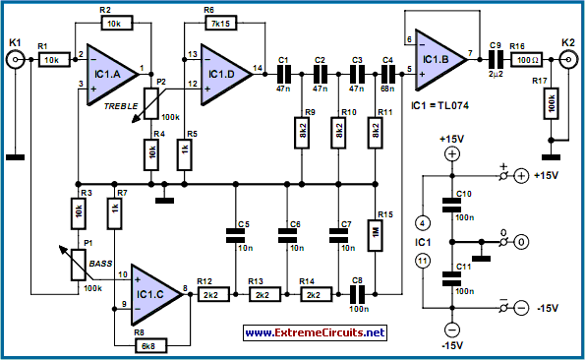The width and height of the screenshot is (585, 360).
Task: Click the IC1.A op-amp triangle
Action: pyautogui.click(x=110, y=75)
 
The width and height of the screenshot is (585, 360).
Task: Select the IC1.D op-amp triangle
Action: pyautogui.click(x=224, y=75)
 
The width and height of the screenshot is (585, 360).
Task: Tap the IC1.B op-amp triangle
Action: pyautogui.click(x=439, y=60)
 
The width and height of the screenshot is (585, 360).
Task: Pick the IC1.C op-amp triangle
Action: pyautogui.click(x=154, y=295)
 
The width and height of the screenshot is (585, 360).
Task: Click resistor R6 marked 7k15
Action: pyautogui.click(x=221, y=24)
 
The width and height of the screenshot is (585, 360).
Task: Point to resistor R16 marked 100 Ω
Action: pyautogui.click(x=526, y=60)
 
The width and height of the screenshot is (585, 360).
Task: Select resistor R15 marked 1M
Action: pyautogui.click(x=376, y=235)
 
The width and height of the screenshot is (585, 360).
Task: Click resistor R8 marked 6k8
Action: pyautogui.click(x=150, y=346)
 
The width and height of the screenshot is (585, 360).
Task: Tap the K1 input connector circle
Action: pyautogui.click(x=16, y=59)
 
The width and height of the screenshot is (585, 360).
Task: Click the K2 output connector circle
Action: pyautogui.click(x=568, y=59)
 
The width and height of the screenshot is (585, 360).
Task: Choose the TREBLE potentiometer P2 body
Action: pyautogui.click(x=151, y=103)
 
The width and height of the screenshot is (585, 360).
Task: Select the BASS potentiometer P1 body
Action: pyautogui.click(x=79, y=265)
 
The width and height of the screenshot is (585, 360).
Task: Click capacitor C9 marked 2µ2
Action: pyautogui.click(x=496, y=60)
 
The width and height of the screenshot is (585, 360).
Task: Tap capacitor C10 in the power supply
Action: pyautogui.click(x=452, y=206)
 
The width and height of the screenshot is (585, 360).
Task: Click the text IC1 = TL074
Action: pyautogui.click(x=439, y=105)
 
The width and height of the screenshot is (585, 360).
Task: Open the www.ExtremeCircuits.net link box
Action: pyautogui.click(x=315, y=332)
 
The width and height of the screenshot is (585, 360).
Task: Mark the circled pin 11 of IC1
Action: pyautogui.click(x=423, y=261)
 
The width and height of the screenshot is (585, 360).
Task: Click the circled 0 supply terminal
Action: pyautogui.click(x=521, y=242)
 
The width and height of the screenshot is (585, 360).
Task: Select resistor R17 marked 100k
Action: pyautogui.click(x=551, y=103)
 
